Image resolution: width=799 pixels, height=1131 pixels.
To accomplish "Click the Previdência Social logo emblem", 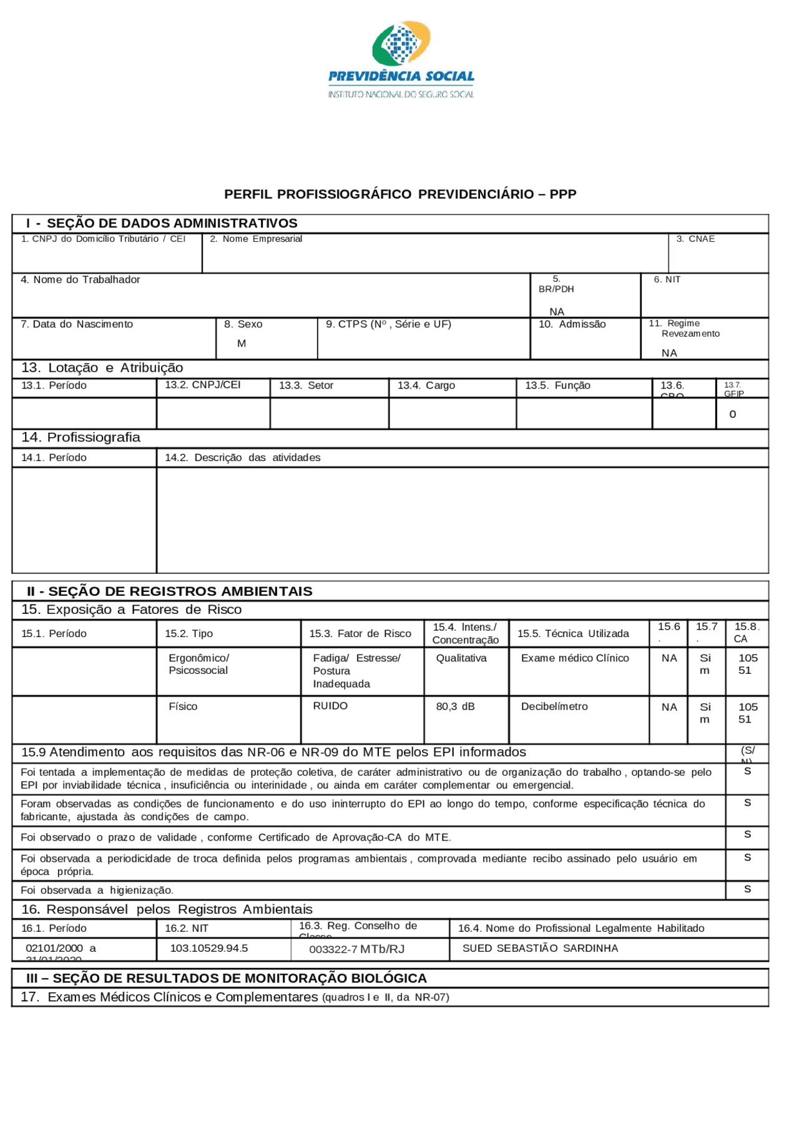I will point(401,44).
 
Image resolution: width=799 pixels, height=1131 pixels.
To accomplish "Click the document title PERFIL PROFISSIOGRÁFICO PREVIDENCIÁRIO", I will point(399,194).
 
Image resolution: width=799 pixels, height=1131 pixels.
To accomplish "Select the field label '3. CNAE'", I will point(695,239).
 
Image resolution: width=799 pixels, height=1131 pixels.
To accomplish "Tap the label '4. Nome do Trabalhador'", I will point(80,280).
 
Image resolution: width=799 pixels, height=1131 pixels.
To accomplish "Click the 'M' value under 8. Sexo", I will point(242,343).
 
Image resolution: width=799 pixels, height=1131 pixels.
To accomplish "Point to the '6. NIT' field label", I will point(667,280).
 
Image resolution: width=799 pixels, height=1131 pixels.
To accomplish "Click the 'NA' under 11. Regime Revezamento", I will point(669,353).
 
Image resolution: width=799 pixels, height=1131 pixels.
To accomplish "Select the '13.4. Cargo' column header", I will point(426,386).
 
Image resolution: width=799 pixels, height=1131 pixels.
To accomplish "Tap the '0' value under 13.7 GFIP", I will point(732,415).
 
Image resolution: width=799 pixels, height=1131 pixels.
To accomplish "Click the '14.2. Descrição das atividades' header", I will point(242,458).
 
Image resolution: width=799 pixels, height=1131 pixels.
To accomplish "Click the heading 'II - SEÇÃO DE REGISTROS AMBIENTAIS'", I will point(169,591).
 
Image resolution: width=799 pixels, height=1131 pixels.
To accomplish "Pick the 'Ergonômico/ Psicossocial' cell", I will point(199,664).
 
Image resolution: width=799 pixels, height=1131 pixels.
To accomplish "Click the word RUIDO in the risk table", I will point(330,706).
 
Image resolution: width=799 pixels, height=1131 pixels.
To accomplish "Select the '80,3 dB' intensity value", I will point(455,707).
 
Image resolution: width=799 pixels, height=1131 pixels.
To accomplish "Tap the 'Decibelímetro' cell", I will point(554,707).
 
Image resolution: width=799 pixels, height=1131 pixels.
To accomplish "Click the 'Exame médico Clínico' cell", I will point(575,658).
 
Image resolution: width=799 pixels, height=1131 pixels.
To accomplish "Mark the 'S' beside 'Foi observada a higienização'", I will point(747,889).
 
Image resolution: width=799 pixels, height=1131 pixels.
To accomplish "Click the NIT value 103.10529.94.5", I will point(208,949).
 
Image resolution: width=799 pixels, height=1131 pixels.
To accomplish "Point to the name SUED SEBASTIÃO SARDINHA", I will point(540,949).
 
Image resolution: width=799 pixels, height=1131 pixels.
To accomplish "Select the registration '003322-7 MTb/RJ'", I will point(356,949).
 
